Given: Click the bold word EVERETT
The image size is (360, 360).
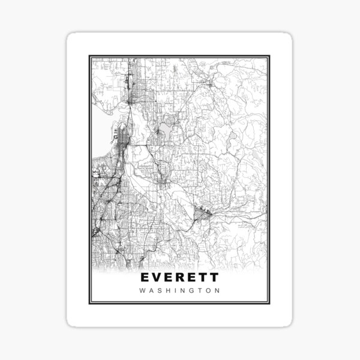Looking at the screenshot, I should [x=179, y=278].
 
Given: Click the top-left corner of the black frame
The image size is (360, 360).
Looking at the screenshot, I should [x=89, y=56].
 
